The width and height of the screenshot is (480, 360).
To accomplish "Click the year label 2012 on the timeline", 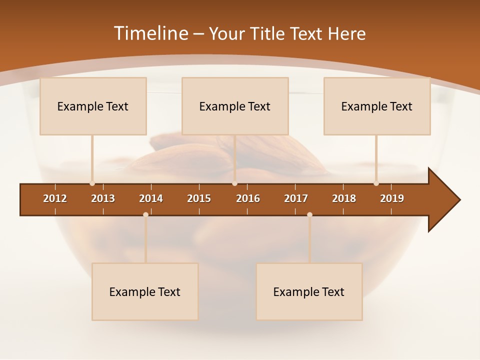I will click(x=55, y=198).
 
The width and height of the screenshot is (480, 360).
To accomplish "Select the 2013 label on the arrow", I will click(x=103, y=198).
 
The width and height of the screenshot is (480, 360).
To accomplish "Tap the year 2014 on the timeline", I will click(x=151, y=198).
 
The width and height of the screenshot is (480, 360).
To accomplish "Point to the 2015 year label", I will click(x=199, y=198).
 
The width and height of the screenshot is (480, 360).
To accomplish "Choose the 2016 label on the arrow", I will click(x=248, y=198).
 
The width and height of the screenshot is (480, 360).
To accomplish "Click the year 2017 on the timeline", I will click(x=296, y=198).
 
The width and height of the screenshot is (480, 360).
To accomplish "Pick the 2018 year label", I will click(x=344, y=198).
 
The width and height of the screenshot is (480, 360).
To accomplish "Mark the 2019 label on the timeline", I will click(x=392, y=198).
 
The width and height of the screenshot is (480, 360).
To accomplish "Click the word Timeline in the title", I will click(x=150, y=33).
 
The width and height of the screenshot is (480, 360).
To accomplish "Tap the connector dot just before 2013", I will click(x=92, y=183).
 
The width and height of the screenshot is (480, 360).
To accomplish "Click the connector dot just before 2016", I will click(x=234, y=183).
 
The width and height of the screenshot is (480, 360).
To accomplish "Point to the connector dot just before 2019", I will click(x=376, y=183).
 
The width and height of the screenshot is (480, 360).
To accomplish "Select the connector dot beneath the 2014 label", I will click(x=145, y=214).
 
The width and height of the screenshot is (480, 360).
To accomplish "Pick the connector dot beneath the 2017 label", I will click(x=309, y=214).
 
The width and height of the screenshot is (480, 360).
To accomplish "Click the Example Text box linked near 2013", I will click(x=93, y=106).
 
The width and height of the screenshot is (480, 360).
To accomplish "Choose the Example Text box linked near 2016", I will click(x=235, y=106).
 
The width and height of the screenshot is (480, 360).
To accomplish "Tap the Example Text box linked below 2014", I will click(x=145, y=291).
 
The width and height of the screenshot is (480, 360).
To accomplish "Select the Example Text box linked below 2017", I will click(x=309, y=291).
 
